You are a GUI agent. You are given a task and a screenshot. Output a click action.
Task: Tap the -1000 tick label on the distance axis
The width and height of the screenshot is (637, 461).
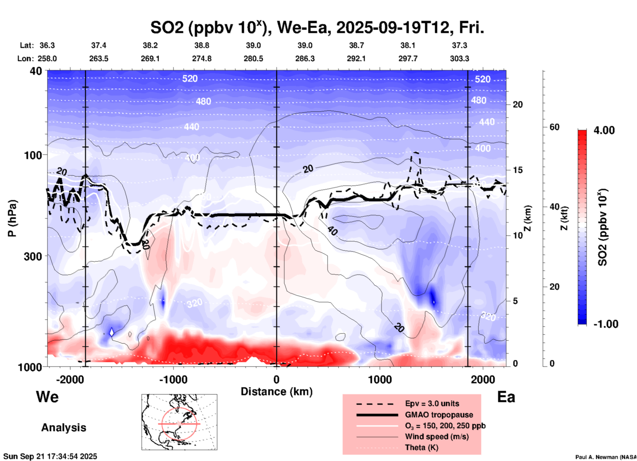[173, 379]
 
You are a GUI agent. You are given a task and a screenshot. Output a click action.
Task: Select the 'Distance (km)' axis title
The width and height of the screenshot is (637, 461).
[276, 392]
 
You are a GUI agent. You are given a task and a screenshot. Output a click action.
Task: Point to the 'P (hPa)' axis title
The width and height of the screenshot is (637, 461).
[12, 218]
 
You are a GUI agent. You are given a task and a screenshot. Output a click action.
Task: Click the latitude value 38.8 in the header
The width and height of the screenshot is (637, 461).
[202, 45]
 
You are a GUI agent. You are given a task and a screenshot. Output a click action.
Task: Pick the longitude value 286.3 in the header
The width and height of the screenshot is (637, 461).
[305, 59]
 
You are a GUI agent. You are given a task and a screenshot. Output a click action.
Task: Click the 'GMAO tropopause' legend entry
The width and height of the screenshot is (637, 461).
[439, 415]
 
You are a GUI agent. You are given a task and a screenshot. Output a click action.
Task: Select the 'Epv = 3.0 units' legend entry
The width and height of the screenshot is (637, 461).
[432, 403]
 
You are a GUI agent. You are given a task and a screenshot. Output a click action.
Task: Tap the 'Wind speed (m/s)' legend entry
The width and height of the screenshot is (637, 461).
[437, 437]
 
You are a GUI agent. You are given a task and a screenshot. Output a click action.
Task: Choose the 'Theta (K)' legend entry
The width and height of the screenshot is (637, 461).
[421, 447]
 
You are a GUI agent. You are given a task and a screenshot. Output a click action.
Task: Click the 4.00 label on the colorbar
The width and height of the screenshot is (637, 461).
[604, 130]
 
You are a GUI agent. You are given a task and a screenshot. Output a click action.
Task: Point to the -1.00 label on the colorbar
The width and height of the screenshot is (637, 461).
[606, 324]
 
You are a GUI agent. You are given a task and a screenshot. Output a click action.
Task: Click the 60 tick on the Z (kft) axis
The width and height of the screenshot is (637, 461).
[554, 127]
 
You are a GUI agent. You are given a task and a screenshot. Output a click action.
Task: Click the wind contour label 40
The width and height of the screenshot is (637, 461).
[332, 230]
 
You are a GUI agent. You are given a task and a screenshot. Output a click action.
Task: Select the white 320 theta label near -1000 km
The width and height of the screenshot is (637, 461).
[194, 303]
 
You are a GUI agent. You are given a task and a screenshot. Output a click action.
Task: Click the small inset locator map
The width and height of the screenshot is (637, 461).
[179, 422]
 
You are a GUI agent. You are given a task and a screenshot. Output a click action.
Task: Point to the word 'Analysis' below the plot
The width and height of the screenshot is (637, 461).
[64, 428]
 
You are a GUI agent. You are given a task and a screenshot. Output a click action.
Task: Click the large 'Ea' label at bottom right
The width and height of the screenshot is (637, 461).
[506, 397]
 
